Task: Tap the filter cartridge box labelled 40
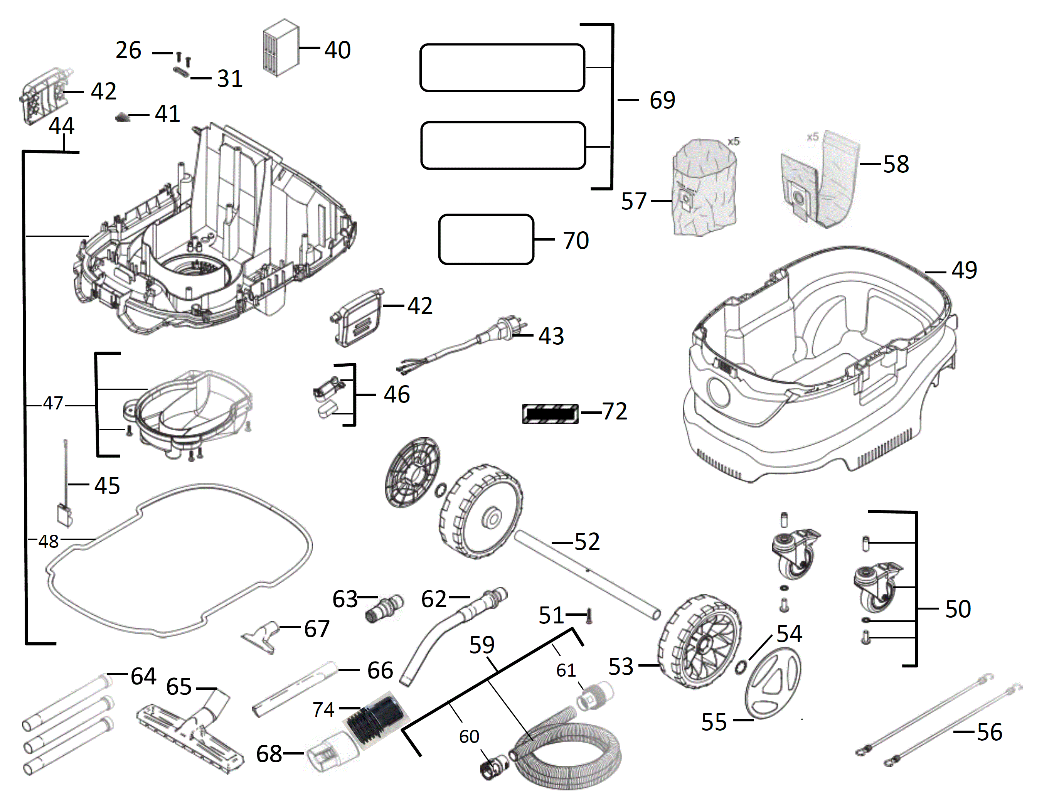click(x=281, y=48)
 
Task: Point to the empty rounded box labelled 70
click(x=486, y=239)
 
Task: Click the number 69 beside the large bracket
click(x=662, y=100)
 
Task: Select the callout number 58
click(x=896, y=164)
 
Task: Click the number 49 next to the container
click(x=964, y=270)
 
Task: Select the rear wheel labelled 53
click(x=699, y=642)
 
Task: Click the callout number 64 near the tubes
click(x=143, y=676)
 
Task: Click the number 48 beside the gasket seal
click(x=48, y=542)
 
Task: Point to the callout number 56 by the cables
click(x=989, y=732)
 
